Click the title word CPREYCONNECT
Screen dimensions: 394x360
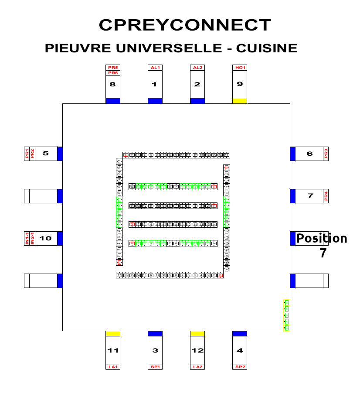tap(185, 25)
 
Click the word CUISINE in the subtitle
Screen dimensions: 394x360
tap(266, 48)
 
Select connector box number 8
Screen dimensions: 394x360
tap(113, 84)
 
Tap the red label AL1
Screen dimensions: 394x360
tap(155, 68)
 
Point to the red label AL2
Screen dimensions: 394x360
tap(197, 68)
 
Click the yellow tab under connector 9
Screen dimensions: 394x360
tap(240, 101)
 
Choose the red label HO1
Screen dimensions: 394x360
tap(240, 68)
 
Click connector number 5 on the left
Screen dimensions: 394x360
tap(46, 154)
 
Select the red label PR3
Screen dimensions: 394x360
tap(326, 154)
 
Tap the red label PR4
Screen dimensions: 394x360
tap(326, 196)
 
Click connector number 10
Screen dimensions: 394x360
tap(46, 238)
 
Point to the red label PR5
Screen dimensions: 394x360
tap(113, 67)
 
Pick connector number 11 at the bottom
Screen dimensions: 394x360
tap(113, 350)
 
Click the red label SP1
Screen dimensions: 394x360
tap(155, 367)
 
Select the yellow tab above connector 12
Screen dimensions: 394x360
tap(197, 333)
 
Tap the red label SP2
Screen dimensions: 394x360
tap(240, 367)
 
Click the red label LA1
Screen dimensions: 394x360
tap(113, 367)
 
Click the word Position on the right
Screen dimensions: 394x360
tap(322, 239)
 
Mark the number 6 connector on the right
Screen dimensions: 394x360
tap(309, 154)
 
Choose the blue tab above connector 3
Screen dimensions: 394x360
tap(155, 333)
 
